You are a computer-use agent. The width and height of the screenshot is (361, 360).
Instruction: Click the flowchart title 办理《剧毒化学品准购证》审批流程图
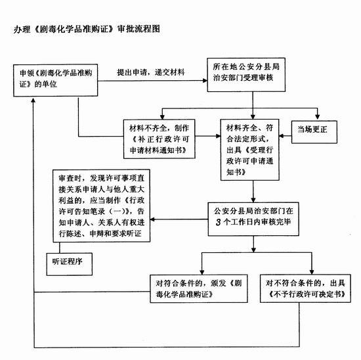(x=87, y=30)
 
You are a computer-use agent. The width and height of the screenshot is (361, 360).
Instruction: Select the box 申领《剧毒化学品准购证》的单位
(x=56, y=80)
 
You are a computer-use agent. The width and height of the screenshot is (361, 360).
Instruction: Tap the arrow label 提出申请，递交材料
(x=151, y=72)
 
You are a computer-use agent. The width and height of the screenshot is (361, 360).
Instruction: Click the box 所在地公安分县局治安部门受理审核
(x=246, y=75)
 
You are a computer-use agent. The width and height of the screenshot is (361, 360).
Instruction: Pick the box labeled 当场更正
(x=314, y=132)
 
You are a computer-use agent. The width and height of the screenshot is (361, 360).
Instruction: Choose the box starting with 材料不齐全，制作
(x=159, y=139)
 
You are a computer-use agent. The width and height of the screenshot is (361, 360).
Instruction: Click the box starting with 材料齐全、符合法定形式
(x=250, y=150)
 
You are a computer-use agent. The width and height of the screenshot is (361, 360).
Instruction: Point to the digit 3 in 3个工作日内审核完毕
(x=219, y=222)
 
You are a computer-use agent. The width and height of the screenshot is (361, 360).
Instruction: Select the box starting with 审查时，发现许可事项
(x=102, y=206)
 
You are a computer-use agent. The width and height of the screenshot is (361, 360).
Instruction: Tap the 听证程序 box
(x=70, y=264)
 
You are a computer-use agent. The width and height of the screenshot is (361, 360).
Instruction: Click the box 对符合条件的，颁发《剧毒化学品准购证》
(x=199, y=288)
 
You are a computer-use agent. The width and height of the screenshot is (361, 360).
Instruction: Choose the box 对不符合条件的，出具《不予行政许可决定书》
(x=305, y=288)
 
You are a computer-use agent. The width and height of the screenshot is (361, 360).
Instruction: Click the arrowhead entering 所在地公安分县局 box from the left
(x=205, y=81)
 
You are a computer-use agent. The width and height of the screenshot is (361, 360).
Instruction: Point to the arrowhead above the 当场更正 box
(x=318, y=117)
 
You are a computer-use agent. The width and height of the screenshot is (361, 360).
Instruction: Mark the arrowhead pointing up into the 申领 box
(x=33, y=100)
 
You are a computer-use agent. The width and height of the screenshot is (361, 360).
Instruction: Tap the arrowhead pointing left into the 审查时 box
(x=152, y=219)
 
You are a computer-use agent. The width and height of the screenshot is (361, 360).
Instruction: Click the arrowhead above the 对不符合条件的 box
(x=312, y=272)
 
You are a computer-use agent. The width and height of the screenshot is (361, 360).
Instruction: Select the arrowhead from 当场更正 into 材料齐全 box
(x=282, y=136)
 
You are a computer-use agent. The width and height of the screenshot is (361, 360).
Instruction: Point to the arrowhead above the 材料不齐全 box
(x=162, y=117)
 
